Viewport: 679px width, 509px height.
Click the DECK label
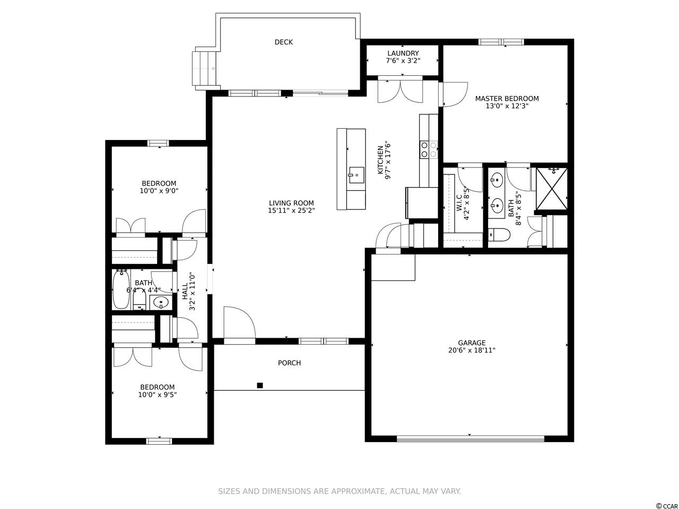click(x=283, y=42)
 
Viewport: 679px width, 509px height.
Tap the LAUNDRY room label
click(x=403, y=53)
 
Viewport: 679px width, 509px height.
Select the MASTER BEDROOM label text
click(x=507, y=99)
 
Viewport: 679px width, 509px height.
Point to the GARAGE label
click(x=472, y=343)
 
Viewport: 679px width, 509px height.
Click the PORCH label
click(x=289, y=363)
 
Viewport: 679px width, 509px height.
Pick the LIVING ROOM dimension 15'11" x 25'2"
click(x=291, y=210)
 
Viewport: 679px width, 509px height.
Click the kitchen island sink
click(x=356, y=175)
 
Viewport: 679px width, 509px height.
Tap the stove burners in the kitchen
click(x=429, y=150)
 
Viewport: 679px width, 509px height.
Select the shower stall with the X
click(x=552, y=189)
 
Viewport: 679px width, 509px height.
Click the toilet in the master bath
click(x=499, y=234)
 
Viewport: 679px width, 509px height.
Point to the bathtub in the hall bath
click(x=121, y=289)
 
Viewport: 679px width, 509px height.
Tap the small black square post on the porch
click(x=260, y=385)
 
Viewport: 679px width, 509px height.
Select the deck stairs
click(x=204, y=68)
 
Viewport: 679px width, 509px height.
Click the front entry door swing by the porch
click(x=239, y=322)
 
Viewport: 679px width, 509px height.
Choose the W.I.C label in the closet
click(x=459, y=203)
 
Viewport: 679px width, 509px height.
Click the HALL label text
click(x=185, y=292)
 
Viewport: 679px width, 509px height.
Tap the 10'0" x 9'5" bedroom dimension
click(x=157, y=394)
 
